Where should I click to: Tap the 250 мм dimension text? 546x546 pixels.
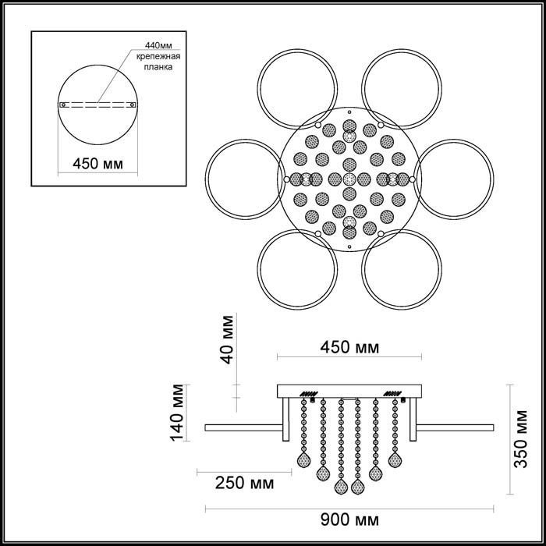[243, 483]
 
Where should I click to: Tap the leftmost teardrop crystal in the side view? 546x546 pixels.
[303, 459]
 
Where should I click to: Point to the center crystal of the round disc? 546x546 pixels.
[349, 179]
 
